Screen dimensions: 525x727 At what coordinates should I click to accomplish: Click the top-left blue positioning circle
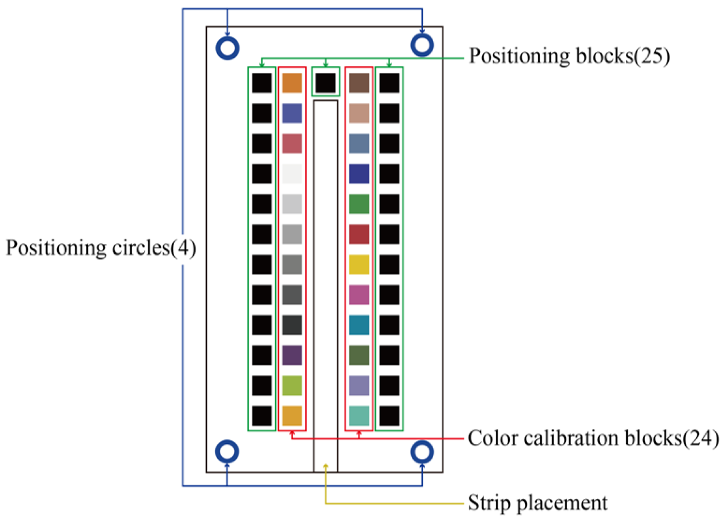point(228,48)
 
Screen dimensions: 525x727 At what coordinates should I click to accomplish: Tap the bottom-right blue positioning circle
point(422,452)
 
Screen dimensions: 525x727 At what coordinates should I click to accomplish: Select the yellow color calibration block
point(359,264)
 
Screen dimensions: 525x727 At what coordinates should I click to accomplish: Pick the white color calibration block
point(292,174)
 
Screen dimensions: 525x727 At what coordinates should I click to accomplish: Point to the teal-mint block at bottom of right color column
point(359,416)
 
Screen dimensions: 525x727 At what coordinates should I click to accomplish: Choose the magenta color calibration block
point(359,295)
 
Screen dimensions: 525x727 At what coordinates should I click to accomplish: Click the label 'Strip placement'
point(537,503)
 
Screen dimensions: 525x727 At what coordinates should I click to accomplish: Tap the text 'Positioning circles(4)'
point(101,247)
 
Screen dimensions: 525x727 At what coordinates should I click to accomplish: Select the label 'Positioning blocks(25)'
point(569,56)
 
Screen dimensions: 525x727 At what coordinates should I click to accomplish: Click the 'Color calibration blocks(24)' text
point(593,438)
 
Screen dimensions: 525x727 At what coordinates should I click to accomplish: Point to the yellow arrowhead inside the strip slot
point(326,466)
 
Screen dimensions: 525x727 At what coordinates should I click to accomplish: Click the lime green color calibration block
point(292,386)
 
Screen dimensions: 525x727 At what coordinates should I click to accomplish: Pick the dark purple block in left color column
point(292,355)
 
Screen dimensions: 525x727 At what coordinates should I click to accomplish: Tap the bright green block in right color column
point(359,204)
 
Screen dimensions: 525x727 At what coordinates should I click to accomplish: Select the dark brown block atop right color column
point(359,83)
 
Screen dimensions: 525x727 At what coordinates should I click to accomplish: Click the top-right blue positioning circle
point(422,45)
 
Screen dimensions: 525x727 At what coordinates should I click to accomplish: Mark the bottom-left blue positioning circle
point(227,451)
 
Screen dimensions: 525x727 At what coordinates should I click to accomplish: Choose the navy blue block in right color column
point(359,174)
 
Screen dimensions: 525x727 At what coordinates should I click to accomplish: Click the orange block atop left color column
point(292,83)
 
